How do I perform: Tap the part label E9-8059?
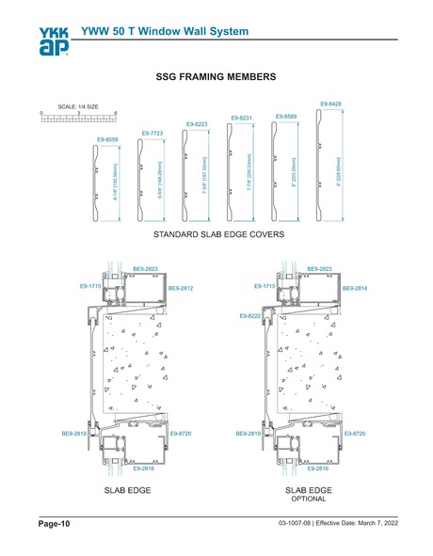(107, 139)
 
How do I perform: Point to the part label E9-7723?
(152, 134)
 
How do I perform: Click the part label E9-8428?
(330, 103)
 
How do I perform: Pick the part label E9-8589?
(286, 116)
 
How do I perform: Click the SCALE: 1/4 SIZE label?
(77, 106)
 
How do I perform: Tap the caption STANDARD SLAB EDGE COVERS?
(213, 232)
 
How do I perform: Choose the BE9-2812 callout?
(180, 288)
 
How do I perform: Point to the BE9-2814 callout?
(355, 288)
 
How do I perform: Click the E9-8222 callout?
(250, 317)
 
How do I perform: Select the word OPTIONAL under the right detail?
(308, 499)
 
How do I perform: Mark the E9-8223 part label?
(197, 124)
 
